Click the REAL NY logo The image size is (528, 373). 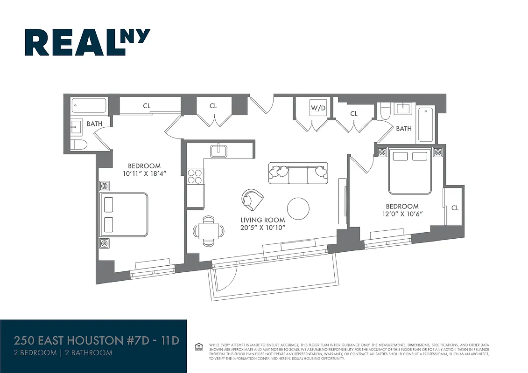point(87,42)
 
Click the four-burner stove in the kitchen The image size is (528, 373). point(195,176)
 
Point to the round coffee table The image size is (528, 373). point(298,208)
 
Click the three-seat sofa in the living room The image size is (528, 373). point(298,173)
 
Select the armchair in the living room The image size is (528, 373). point(252,199)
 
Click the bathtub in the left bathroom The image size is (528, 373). point(90,105)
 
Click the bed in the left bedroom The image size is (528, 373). point(124,214)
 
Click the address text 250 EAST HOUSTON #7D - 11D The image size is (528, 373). point(97,340)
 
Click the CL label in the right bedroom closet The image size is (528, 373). point(455,208)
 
